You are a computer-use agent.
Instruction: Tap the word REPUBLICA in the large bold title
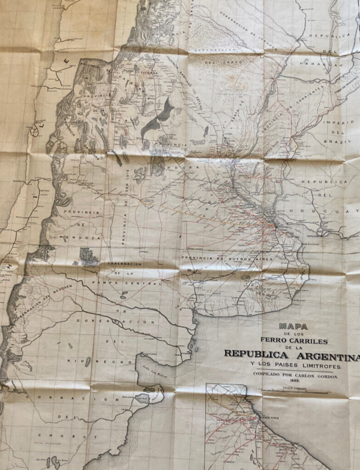[259, 354]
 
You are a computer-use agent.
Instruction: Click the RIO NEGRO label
[90, 360]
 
